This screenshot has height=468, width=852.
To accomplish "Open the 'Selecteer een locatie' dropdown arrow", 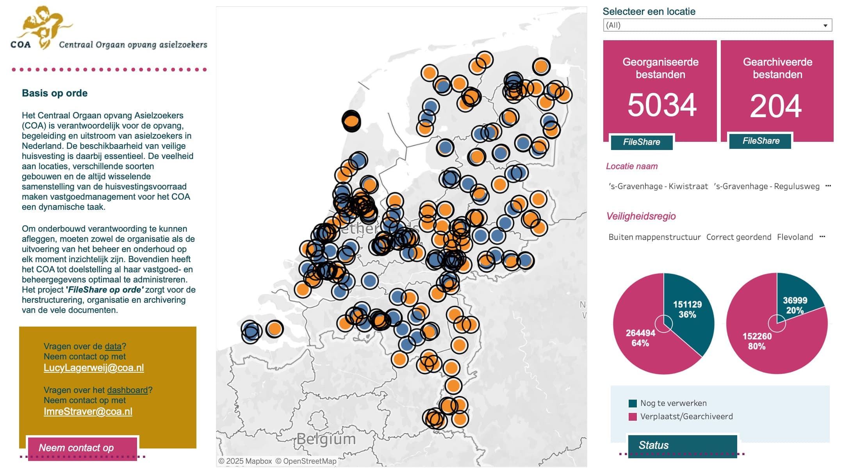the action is pyautogui.click(x=825, y=25).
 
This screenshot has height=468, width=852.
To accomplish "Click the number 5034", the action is pyautogui.click(x=662, y=105).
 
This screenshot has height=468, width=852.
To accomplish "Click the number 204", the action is pyautogui.click(x=776, y=106).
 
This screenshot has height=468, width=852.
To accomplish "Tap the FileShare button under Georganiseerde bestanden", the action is pyautogui.click(x=642, y=142).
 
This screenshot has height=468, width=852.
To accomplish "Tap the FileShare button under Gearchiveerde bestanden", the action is pyautogui.click(x=761, y=141).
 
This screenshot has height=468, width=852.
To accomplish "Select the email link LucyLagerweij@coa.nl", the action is pyautogui.click(x=94, y=368).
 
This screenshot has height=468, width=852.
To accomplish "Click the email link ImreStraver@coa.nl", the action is pyautogui.click(x=88, y=412).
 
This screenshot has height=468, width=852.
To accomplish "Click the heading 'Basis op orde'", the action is pyautogui.click(x=55, y=93).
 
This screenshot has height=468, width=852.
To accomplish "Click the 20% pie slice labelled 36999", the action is pyautogui.click(x=797, y=301).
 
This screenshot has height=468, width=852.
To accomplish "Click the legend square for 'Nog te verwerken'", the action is pyautogui.click(x=633, y=404).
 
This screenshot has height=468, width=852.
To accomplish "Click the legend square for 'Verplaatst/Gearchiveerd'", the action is pyautogui.click(x=633, y=417).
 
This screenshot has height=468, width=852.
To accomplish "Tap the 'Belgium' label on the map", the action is pyautogui.click(x=326, y=439).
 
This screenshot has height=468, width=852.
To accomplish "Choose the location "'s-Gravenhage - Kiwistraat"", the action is pyautogui.click(x=658, y=187).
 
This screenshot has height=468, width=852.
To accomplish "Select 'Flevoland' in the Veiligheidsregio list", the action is pyautogui.click(x=795, y=238).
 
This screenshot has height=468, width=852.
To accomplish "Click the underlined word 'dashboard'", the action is pyautogui.click(x=127, y=390).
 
